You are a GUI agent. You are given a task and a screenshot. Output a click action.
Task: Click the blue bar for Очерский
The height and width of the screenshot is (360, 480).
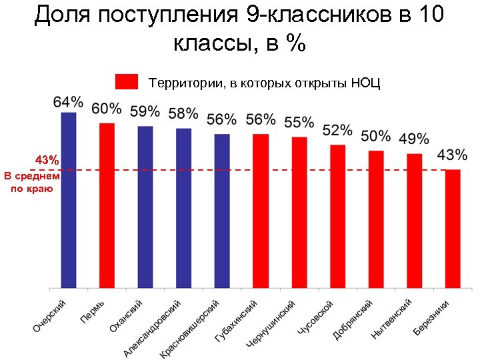pyautogui.click(x=69, y=200)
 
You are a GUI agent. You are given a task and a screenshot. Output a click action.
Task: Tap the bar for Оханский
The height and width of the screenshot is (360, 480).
pyautogui.click(x=145, y=207)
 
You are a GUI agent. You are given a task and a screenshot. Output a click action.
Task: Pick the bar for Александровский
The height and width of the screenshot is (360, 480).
pyautogui.click(x=184, y=208)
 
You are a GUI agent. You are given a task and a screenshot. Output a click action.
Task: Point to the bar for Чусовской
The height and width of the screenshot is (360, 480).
pyautogui.click(x=337, y=216)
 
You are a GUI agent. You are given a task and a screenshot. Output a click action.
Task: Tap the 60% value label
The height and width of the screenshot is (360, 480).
pyautogui.click(x=107, y=108)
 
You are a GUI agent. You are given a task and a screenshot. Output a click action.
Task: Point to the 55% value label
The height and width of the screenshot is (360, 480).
pyautogui.click(x=299, y=123)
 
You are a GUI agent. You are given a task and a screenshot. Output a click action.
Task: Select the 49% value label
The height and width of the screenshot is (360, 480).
pyautogui.click(x=414, y=139)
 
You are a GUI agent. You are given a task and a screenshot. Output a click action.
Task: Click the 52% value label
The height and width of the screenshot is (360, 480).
pyautogui.click(x=338, y=129)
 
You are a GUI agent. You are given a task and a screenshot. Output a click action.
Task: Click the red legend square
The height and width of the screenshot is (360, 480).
pyautogui.click(x=127, y=81)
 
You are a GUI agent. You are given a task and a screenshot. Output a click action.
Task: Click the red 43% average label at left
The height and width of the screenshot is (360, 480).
pyautogui.click(x=47, y=161)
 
